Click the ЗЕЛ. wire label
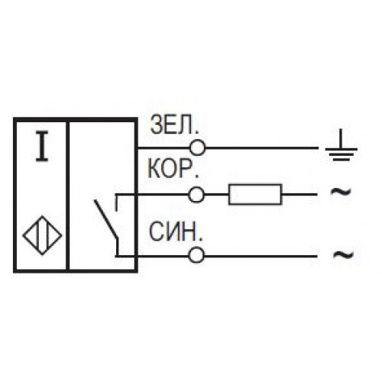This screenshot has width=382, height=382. (174, 125)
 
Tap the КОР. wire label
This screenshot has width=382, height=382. (173, 168)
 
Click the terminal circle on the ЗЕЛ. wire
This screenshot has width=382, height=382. (197, 147)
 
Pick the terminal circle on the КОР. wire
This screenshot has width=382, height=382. (196, 195)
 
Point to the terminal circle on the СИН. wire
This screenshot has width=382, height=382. (196, 255)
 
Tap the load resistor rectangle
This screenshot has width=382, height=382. (255, 194)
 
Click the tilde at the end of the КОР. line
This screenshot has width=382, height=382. (341, 192)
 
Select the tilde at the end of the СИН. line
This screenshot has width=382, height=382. (344, 254)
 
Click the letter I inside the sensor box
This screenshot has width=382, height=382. (42, 146)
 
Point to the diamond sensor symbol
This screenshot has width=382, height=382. (42, 235)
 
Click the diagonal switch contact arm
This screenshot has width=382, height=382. (105, 219)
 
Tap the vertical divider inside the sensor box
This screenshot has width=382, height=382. (68, 196)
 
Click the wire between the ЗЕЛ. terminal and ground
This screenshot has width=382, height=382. (262, 147)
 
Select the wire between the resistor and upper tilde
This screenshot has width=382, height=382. (299, 195)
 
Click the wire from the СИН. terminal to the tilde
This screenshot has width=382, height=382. (261, 255)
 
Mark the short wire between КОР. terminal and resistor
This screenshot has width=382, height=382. (216, 195)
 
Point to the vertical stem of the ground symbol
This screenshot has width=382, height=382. (342, 138)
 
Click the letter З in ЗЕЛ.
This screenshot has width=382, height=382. (156, 125)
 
